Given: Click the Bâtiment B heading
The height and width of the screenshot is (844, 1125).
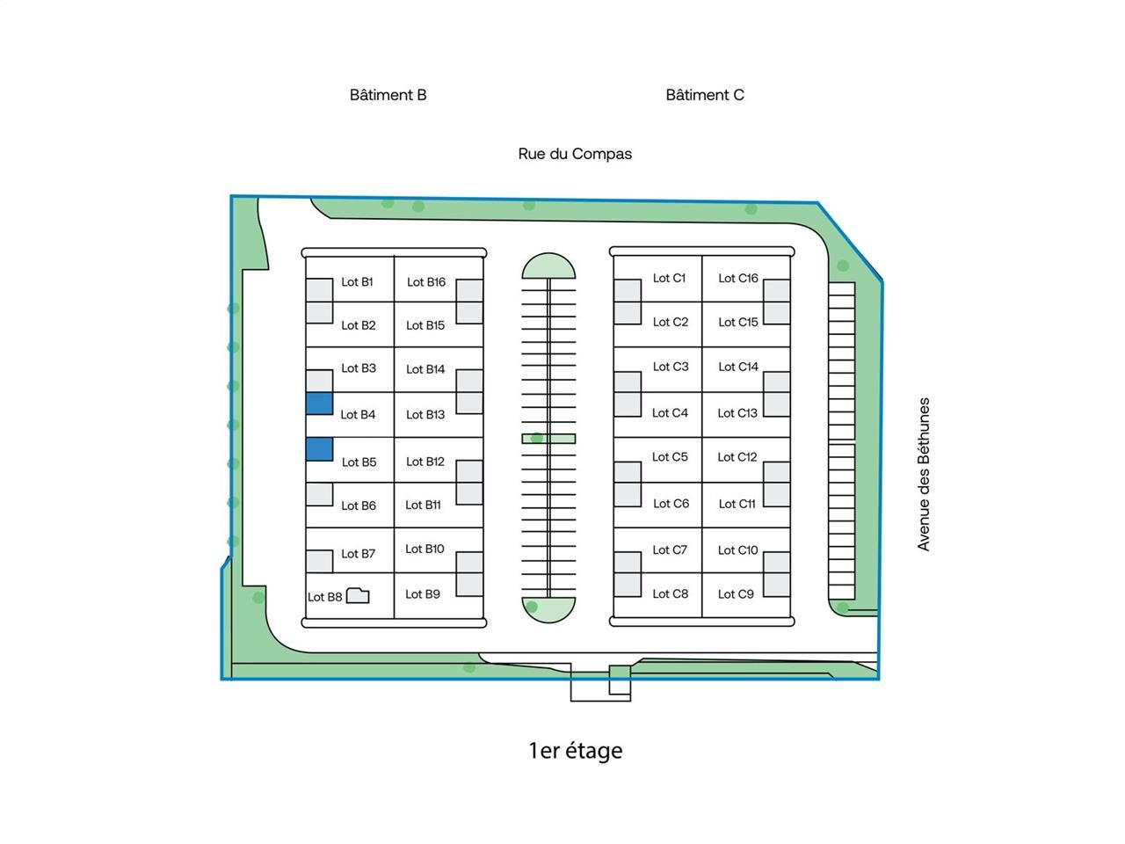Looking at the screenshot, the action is pos(388,95).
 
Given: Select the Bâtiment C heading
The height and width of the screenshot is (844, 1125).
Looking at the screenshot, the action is pos(705,95).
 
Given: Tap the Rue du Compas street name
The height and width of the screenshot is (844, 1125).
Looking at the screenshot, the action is pos(575,154).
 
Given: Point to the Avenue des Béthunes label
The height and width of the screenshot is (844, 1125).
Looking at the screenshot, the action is pos(924,475).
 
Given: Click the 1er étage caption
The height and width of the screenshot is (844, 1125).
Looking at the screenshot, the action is pos(575,751).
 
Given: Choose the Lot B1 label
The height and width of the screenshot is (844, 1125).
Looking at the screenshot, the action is pos(357,282).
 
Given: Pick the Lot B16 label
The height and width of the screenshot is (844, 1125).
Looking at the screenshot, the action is pos(425,282).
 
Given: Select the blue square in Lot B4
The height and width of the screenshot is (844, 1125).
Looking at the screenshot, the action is pos(319,404).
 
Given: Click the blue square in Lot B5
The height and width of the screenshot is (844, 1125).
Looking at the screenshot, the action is pos(319,448).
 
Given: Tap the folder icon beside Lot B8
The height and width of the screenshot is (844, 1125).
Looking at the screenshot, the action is pos(358,596).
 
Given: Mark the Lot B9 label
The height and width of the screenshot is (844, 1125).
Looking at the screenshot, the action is pos(422,594).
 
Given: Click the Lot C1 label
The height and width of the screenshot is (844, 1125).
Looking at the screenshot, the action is pos(669,279).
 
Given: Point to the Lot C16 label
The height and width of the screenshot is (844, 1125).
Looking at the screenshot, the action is pos(737,279).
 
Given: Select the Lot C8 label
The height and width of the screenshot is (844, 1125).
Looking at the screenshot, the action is pos(670,594).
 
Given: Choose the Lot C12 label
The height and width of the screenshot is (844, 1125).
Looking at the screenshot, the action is pos(737,457).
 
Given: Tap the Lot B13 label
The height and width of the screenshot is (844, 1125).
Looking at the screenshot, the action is pos(425,415).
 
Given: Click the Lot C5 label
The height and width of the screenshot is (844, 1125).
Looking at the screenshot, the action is pos(670,457).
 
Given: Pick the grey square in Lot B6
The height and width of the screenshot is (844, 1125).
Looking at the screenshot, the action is pos(319,494).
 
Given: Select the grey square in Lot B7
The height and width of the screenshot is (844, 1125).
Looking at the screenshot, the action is pos(319,561).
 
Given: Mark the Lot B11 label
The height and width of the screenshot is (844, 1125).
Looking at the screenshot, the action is pos(423,506).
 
